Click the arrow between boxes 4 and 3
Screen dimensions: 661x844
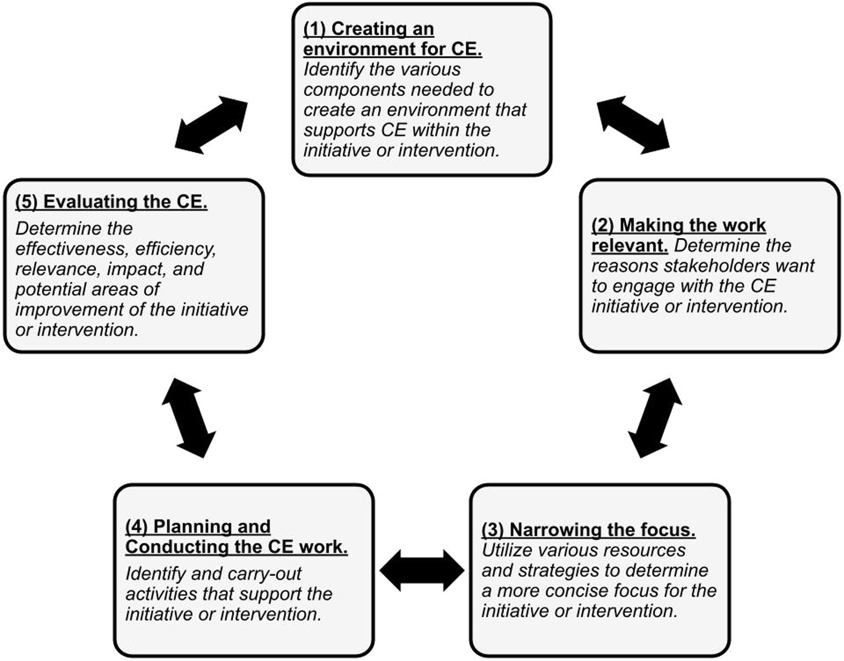coord(422,570)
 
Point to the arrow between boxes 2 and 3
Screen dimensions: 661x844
coord(654,418)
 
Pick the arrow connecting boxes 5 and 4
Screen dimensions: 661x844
coord(189,418)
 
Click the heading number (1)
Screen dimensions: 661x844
coord(315,29)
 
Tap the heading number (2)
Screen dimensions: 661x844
coord(603,225)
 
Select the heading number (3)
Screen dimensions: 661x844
coord(493,530)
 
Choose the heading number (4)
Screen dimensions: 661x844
coord(136,526)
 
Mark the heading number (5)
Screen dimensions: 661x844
coord(26,202)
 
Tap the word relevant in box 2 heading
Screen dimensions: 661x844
coord(629,246)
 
